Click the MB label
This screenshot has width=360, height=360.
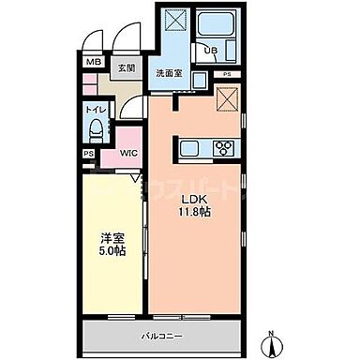point(93,63)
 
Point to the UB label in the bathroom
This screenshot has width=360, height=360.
point(212,51)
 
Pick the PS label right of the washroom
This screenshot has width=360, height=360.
point(228,74)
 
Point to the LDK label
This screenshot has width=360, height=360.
point(194,199)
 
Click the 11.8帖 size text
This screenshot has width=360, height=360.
point(194,214)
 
